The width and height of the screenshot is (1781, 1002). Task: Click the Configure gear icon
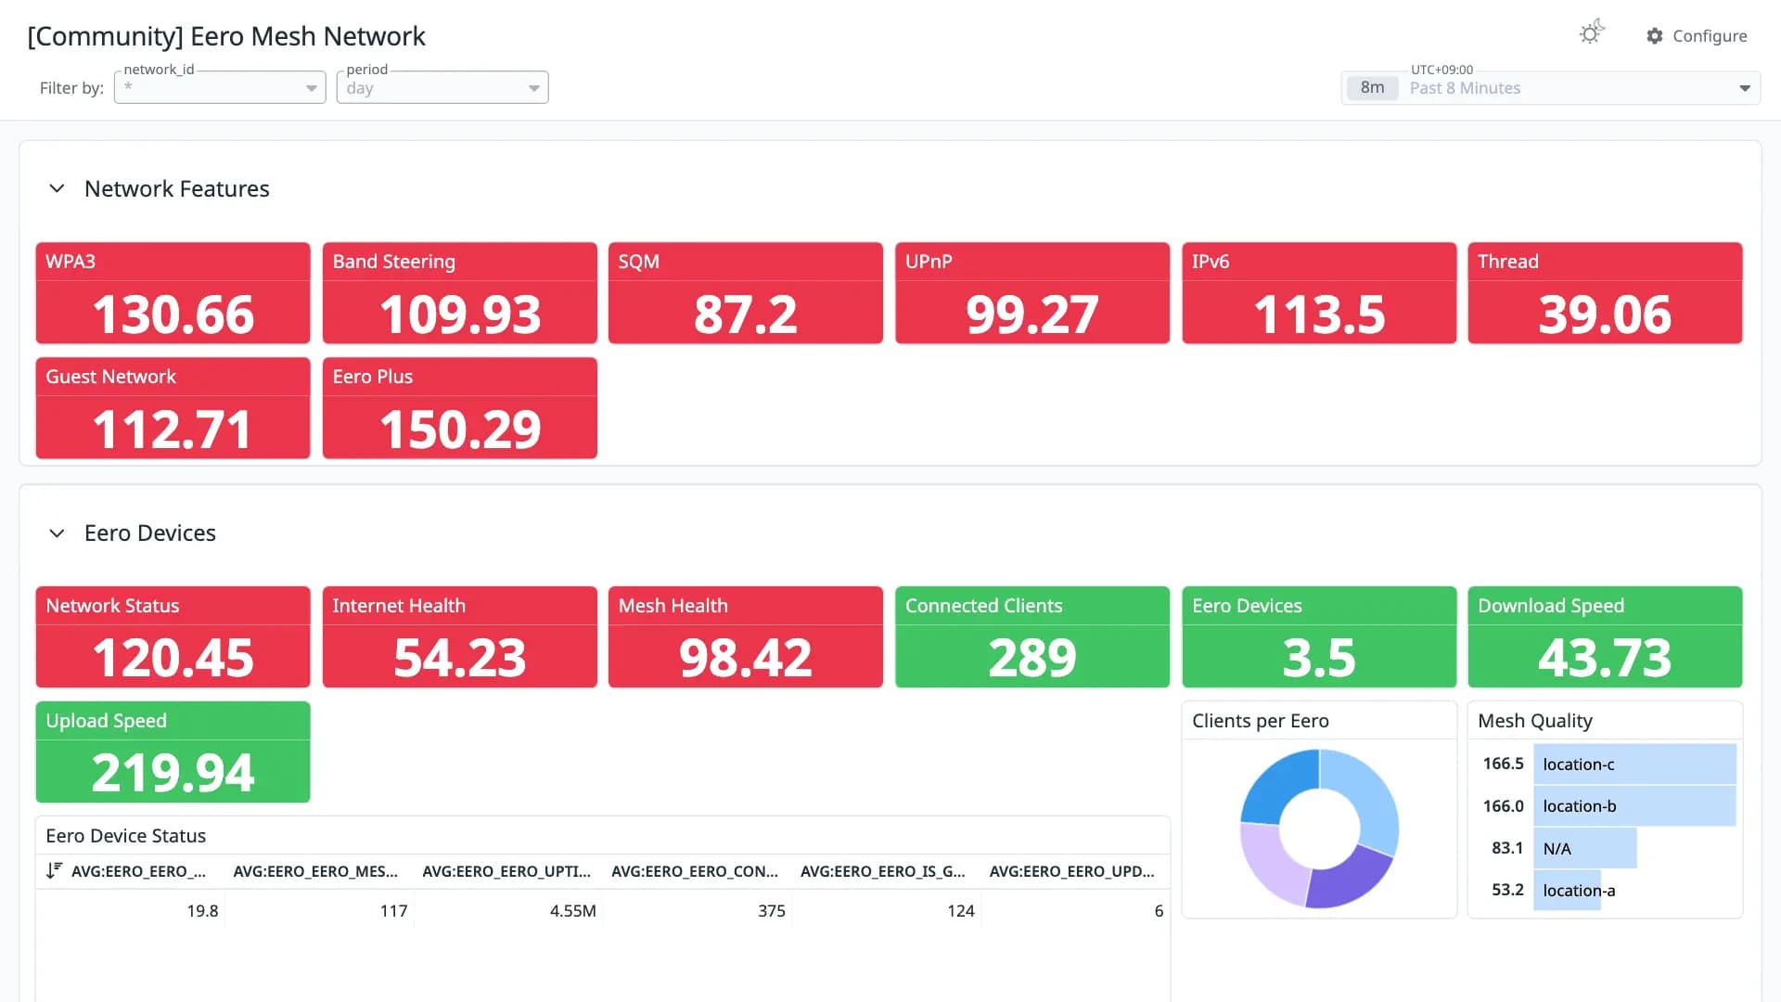1654,36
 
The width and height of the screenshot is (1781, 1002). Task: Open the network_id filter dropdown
220,87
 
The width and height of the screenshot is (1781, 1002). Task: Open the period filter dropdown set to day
442,87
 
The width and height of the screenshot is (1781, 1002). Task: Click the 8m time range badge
1372,88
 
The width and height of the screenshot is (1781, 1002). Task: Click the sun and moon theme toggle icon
1592,32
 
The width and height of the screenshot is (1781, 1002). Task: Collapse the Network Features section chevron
57,188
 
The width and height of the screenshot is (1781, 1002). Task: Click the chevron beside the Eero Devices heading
57,533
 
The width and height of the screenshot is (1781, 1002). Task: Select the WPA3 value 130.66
173,315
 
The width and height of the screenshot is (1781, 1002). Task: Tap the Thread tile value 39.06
1605,315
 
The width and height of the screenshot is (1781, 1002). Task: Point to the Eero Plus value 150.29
460,430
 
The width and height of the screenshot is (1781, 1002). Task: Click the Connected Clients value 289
1032,658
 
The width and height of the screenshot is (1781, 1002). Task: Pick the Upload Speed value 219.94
173,773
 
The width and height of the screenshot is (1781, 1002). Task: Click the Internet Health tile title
399,606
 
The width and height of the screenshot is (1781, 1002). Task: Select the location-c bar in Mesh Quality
1634,764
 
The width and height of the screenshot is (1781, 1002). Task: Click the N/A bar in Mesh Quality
1584,848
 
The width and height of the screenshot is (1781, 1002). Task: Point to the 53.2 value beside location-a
1507,890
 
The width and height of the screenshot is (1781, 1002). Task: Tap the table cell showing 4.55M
573,911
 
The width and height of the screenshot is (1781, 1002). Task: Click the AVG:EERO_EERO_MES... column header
315,871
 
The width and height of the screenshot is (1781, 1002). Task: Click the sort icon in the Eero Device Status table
54,870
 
